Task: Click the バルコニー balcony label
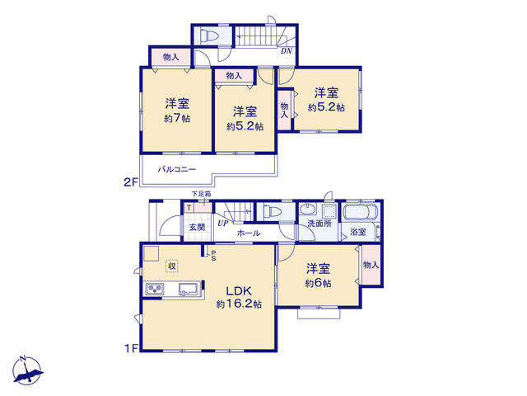(x=177, y=169)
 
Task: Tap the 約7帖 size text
(x=177, y=119)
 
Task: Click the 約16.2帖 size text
(x=239, y=304)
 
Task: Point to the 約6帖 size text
(x=319, y=283)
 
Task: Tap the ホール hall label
(x=249, y=233)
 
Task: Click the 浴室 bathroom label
(x=358, y=233)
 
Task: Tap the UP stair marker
(x=222, y=223)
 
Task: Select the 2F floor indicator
(x=129, y=181)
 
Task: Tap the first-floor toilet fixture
(x=273, y=212)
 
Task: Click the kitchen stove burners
(x=154, y=288)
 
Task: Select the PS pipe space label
(x=212, y=256)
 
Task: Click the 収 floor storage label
(x=172, y=266)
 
